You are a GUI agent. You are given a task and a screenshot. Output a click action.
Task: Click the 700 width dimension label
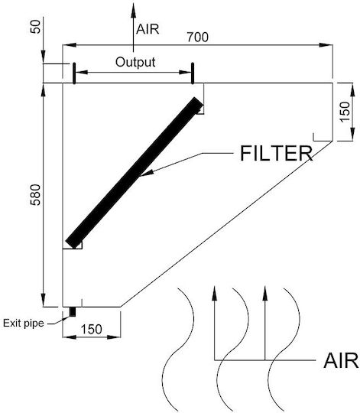(x=198, y=37)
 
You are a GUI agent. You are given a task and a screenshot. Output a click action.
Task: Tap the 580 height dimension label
(x=36, y=195)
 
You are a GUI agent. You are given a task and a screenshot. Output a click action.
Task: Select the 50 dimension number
(x=36, y=27)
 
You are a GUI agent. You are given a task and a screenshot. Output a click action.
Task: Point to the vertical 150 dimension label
(x=345, y=112)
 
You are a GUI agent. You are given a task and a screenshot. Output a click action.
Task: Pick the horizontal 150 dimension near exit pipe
(x=91, y=329)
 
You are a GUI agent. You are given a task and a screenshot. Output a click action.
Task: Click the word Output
(x=135, y=62)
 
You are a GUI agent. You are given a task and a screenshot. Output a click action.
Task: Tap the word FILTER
(x=277, y=153)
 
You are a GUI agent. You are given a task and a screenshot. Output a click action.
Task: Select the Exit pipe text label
(x=24, y=324)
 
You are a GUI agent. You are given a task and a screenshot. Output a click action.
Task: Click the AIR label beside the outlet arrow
(x=148, y=29)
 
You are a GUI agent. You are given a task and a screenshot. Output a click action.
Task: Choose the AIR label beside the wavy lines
(x=342, y=360)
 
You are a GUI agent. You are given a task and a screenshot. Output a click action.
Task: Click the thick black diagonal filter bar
(x=135, y=173)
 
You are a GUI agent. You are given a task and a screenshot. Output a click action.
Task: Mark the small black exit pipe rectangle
(x=73, y=312)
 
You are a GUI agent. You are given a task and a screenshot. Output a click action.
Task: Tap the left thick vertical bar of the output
(x=74, y=73)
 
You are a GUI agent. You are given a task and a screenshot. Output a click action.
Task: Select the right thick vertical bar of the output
(x=193, y=73)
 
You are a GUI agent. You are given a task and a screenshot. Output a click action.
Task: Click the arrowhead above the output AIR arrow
(x=134, y=10)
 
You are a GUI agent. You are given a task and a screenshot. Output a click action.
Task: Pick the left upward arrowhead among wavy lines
(x=215, y=293)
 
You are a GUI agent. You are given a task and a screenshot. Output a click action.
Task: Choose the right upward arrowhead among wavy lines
(x=265, y=293)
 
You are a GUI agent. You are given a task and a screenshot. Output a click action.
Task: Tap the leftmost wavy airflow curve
(x=178, y=350)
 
